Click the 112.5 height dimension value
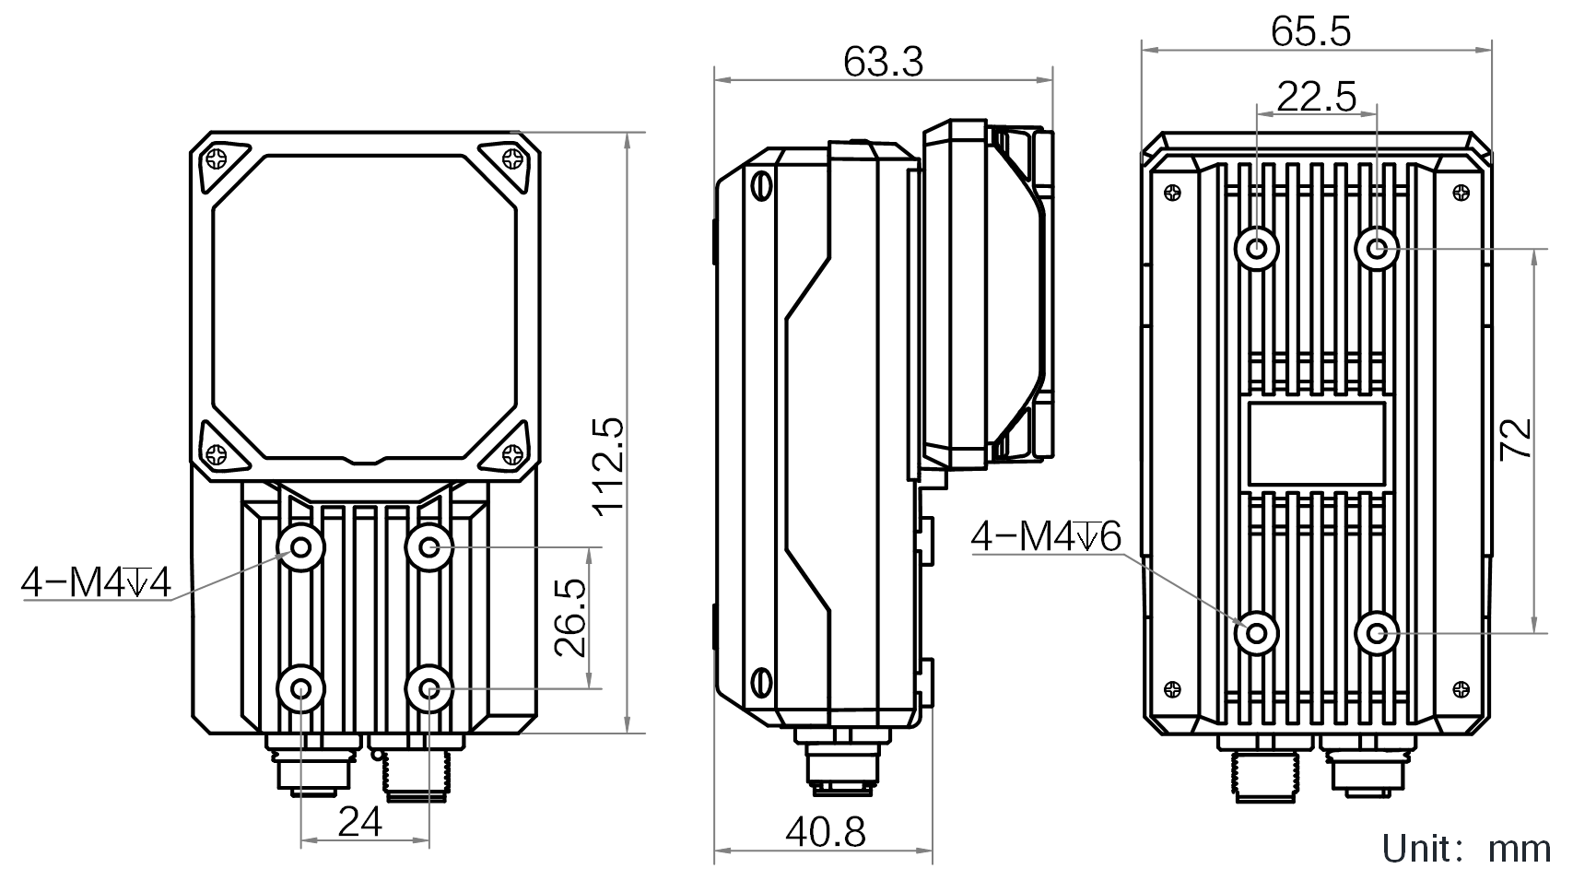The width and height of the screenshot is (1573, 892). [x=609, y=466]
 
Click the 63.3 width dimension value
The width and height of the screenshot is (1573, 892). [x=883, y=63]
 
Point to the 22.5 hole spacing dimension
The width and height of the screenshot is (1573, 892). [x=1317, y=96]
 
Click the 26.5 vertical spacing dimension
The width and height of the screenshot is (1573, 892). [x=571, y=618]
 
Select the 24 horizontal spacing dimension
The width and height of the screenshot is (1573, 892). [x=360, y=821]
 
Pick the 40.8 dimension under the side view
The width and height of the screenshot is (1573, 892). [x=825, y=833]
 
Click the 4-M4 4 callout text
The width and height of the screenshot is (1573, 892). [x=97, y=583]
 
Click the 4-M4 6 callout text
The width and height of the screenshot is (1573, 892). [x=1046, y=537]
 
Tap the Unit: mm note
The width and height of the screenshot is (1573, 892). [x=1466, y=849]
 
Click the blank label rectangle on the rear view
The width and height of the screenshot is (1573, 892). [x=1317, y=444]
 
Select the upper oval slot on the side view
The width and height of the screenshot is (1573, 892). [x=761, y=184]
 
